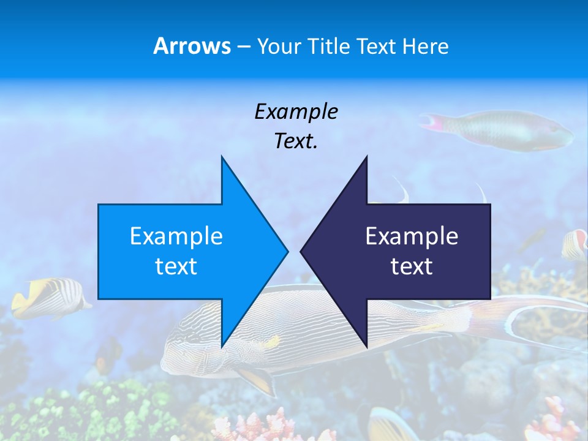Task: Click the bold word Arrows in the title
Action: pyautogui.click(x=192, y=46)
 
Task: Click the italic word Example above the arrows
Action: pyautogui.click(x=296, y=112)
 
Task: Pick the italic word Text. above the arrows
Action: pyautogui.click(x=296, y=141)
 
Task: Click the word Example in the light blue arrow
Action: pyautogui.click(x=176, y=236)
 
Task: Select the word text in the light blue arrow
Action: pyautogui.click(x=176, y=266)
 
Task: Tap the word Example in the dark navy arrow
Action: pyautogui.click(x=412, y=236)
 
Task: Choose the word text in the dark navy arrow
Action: pyautogui.click(x=412, y=266)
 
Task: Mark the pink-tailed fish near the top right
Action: pyautogui.click(x=502, y=130)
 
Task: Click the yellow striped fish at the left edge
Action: pyautogui.click(x=49, y=297)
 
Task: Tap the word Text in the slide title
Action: pyautogui.click(x=375, y=47)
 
